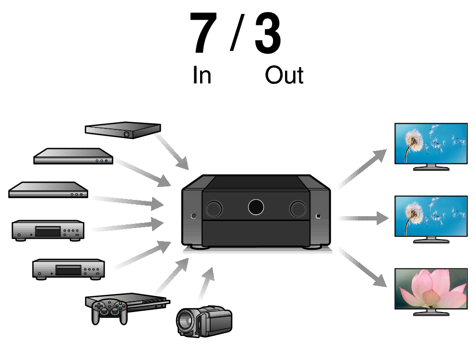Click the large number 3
[268, 34]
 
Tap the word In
[202, 75]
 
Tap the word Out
[284, 75]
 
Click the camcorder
[204, 320]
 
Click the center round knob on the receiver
[256, 207]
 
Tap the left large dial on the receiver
[214, 208]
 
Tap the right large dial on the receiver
[298, 208]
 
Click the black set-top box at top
[122, 129]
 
